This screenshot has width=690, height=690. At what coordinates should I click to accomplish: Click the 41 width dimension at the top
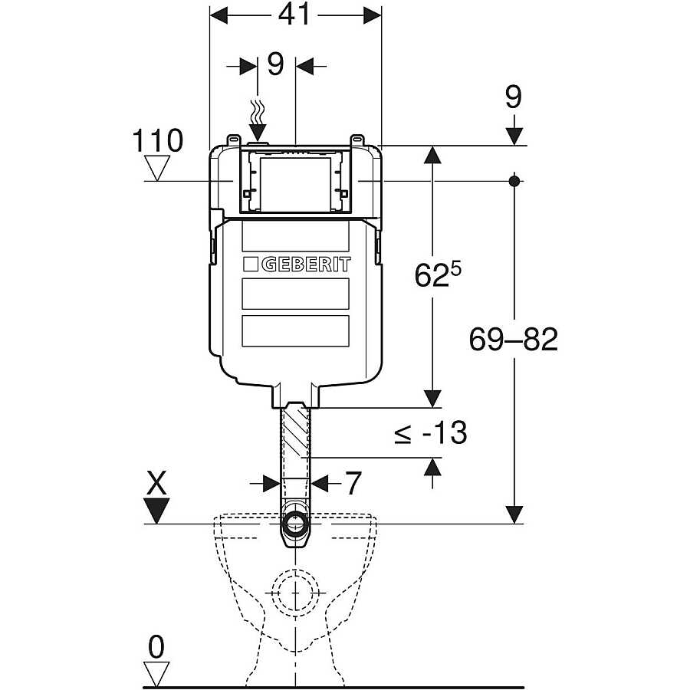pyautogui.click(x=294, y=16)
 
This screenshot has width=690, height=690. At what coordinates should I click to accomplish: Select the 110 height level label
pyautogui.click(x=157, y=141)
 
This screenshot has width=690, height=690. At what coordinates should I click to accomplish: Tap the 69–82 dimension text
pyautogui.click(x=514, y=340)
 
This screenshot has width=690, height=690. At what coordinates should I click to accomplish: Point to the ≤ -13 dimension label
pyautogui.click(x=430, y=433)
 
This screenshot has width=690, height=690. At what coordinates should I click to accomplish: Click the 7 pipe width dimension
pyautogui.click(x=353, y=483)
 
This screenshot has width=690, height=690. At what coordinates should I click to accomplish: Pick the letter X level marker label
pyautogui.click(x=156, y=483)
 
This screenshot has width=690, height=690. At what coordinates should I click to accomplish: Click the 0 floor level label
pyautogui.click(x=156, y=647)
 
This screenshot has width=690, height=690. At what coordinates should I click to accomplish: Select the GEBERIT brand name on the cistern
pyautogui.click(x=306, y=264)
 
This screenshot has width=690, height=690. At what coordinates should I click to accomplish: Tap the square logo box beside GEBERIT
pyautogui.click(x=251, y=264)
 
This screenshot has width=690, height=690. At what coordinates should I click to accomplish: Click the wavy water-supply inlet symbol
pyautogui.click(x=258, y=112)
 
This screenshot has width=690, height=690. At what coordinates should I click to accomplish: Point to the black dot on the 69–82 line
pyautogui.click(x=514, y=181)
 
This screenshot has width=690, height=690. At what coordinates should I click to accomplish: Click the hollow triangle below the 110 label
pyautogui.click(x=157, y=168)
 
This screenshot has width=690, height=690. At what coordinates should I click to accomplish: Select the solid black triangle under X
pyautogui.click(x=157, y=511)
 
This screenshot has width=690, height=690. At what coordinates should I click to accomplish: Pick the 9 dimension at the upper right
pyautogui.click(x=514, y=97)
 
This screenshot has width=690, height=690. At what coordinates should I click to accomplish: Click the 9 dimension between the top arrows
pyautogui.click(x=276, y=64)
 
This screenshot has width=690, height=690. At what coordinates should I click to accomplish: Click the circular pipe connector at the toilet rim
pyautogui.click(x=296, y=524)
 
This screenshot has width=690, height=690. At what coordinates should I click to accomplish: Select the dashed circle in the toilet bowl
pyautogui.click(x=295, y=593)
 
